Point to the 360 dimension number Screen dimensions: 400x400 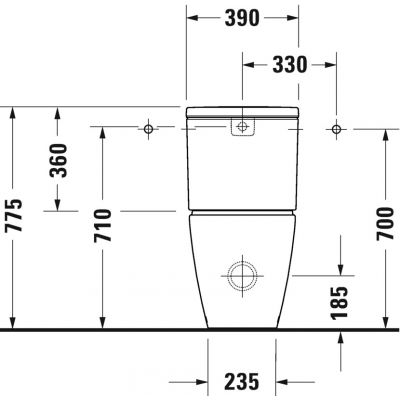click(59, 160)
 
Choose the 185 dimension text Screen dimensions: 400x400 click(341, 299)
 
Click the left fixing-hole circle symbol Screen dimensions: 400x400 click(148, 128)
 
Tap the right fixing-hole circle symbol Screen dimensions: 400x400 click(335, 128)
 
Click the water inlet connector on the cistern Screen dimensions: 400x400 click(241, 127)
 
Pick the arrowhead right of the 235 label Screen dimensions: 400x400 click(282, 382)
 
